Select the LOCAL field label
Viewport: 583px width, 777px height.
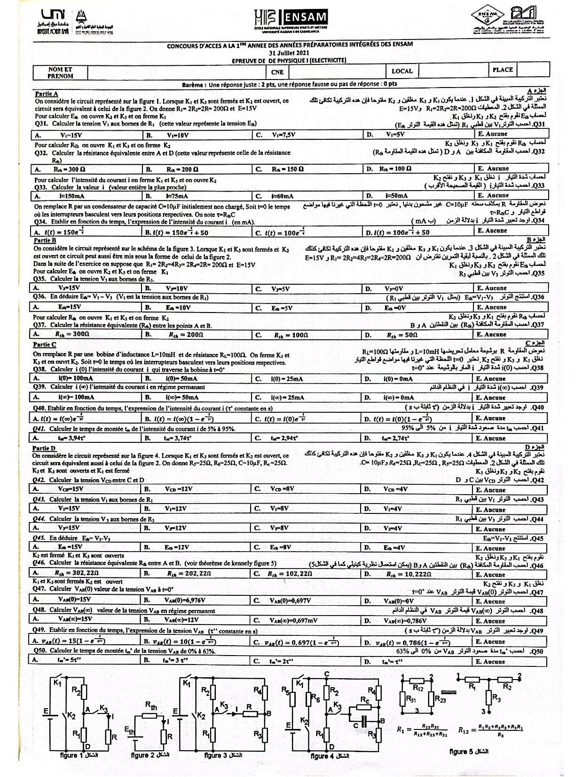402,71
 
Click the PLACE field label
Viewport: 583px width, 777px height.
503,70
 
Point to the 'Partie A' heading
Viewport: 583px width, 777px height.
46,94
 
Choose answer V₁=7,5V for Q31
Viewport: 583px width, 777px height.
284,135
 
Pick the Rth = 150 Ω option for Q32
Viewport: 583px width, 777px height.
287,169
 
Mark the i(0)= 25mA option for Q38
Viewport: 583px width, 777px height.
287,378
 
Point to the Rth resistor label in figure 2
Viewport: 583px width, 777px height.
151,706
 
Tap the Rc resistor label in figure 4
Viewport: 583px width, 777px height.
365,700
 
